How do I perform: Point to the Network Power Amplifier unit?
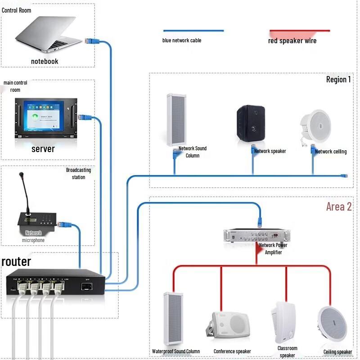click(255, 235)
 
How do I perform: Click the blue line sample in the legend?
click(193, 31)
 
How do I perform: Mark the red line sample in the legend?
click(300, 31)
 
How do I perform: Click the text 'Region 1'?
click(338, 80)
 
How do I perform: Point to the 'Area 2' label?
click(339, 207)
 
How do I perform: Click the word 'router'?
click(17, 261)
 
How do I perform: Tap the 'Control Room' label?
click(17, 10)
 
